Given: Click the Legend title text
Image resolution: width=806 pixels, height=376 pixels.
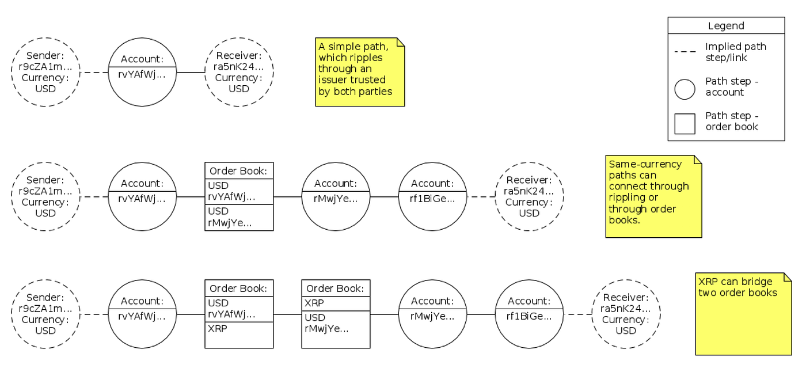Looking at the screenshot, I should pyautogui.click(x=726, y=26).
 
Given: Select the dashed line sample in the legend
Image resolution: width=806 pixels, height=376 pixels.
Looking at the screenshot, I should pyautogui.click(x=685, y=52).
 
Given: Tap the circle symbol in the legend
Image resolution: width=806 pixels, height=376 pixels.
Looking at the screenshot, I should pyautogui.click(x=685, y=89).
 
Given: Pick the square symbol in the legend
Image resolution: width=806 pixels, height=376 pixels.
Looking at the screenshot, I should pyautogui.click(x=685, y=124).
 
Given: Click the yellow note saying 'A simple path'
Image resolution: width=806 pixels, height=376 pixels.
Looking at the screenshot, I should pyautogui.click(x=360, y=72).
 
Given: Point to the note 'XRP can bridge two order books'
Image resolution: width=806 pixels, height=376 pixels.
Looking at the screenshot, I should pyautogui.click(x=743, y=313).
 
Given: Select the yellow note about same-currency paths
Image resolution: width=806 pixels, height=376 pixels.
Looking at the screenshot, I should pyautogui.click(x=653, y=196).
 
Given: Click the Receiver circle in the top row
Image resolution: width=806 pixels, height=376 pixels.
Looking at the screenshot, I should pyautogui.click(x=239, y=72).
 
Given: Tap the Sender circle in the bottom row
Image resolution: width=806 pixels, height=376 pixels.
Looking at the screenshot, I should pyautogui.click(x=45, y=314).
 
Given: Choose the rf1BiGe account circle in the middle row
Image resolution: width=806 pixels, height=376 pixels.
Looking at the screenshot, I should pyautogui.click(x=432, y=196).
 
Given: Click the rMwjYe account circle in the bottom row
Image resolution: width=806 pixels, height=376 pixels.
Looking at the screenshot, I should pyautogui.click(x=432, y=314).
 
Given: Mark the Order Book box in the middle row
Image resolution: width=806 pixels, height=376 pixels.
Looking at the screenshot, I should pyautogui.click(x=239, y=196).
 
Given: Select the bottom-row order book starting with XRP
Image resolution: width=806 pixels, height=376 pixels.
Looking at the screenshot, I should pyautogui.click(x=336, y=314).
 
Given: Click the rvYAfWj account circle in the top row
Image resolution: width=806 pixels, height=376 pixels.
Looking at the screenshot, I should pyautogui.click(x=142, y=72).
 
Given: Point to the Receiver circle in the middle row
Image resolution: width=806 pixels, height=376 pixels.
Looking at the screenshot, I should pyautogui.click(x=529, y=196).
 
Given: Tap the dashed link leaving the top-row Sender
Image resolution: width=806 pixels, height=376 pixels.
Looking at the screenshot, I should pyautogui.click(x=94, y=73).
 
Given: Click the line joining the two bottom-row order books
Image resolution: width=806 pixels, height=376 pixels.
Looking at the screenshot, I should pyautogui.click(x=287, y=314).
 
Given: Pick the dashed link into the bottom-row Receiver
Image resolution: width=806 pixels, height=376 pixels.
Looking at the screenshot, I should pyautogui.click(x=577, y=314).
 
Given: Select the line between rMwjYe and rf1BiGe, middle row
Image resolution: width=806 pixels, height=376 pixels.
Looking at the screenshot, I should pyautogui.click(x=384, y=197).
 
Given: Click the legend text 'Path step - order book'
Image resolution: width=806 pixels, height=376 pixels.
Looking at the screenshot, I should pyautogui.click(x=732, y=121).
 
